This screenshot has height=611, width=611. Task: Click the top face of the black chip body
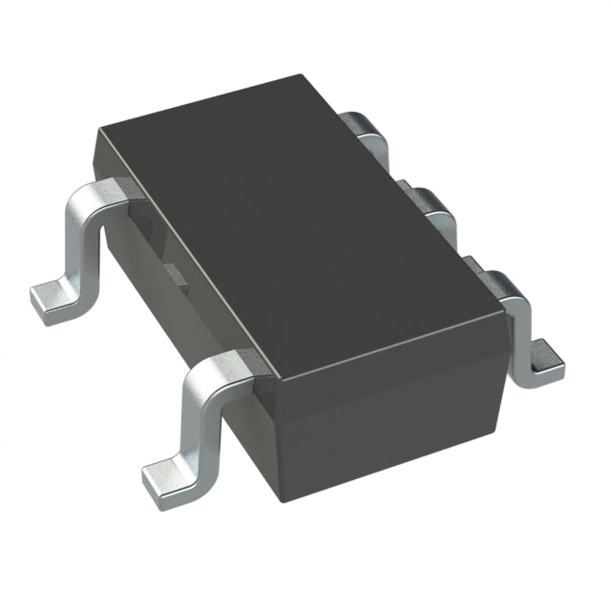pyautogui.click(x=296, y=220)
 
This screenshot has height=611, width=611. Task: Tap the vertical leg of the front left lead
pyautogui.click(x=196, y=420)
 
